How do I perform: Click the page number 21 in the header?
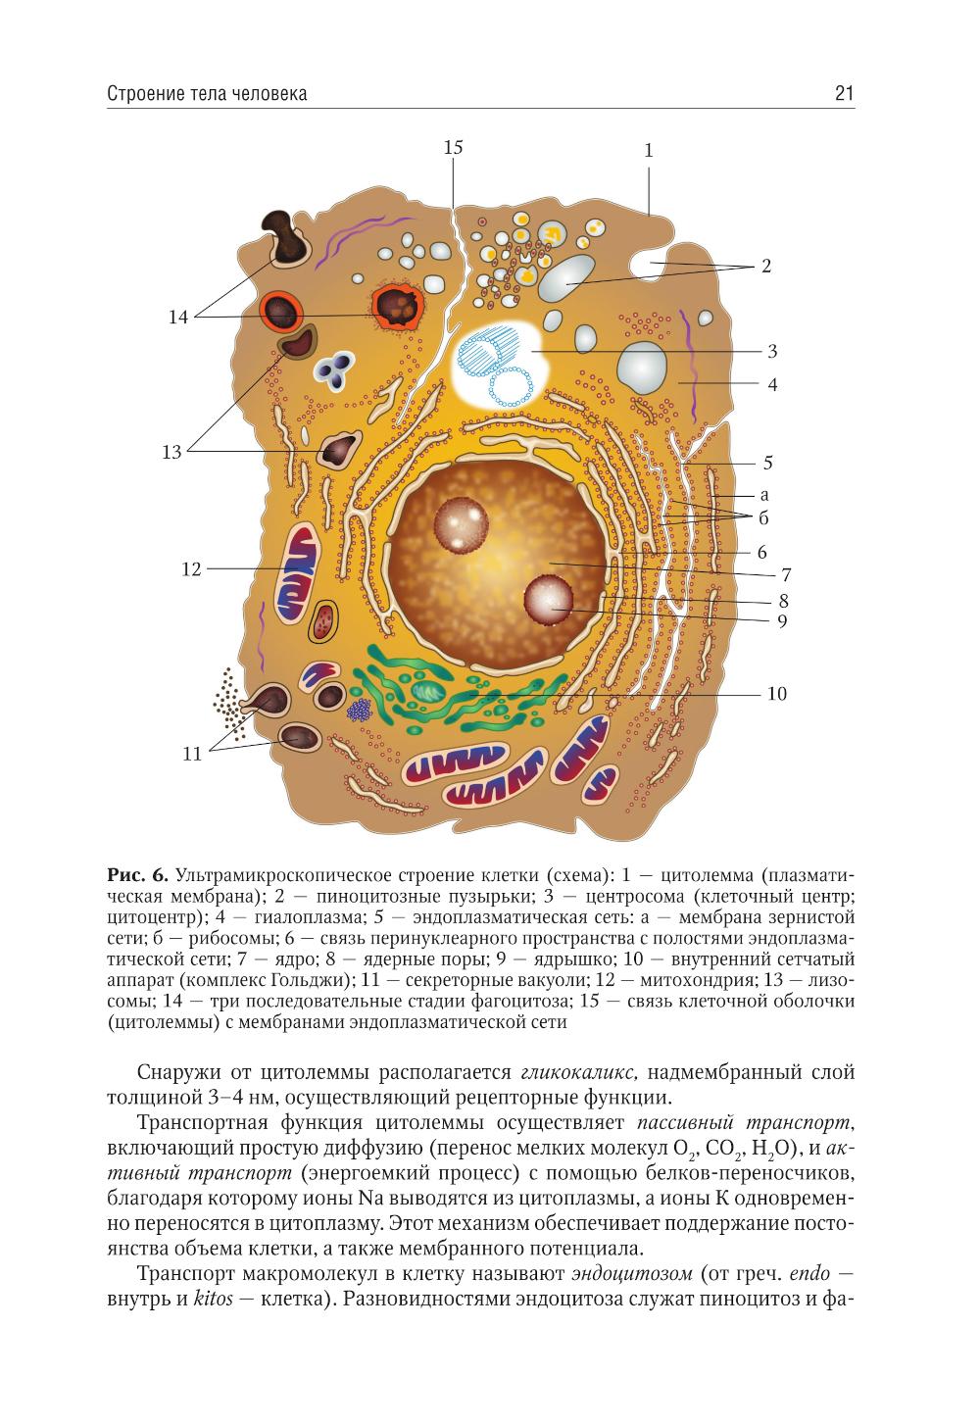tap(844, 94)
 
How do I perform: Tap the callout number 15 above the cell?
tap(453, 148)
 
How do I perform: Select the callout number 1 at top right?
tap(648, 151)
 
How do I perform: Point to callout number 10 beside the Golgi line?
tap(777, 694)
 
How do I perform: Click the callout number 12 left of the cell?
tap(191, 568)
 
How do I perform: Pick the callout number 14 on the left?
tap(177, 318)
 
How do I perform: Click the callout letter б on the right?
tap(763, 516)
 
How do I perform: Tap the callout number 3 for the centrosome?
tap(772, 351)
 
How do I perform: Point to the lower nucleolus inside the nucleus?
tap(550, 600)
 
